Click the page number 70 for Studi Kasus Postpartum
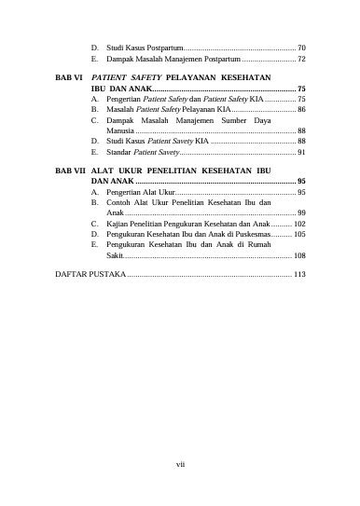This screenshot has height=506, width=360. point(301,46)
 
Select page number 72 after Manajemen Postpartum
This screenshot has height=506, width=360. point(301,58)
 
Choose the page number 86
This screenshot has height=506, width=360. point(301,109)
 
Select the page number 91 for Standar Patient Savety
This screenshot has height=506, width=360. point(301,151)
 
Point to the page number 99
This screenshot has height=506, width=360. point(301,212)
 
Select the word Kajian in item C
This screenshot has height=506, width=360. point(118,224)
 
